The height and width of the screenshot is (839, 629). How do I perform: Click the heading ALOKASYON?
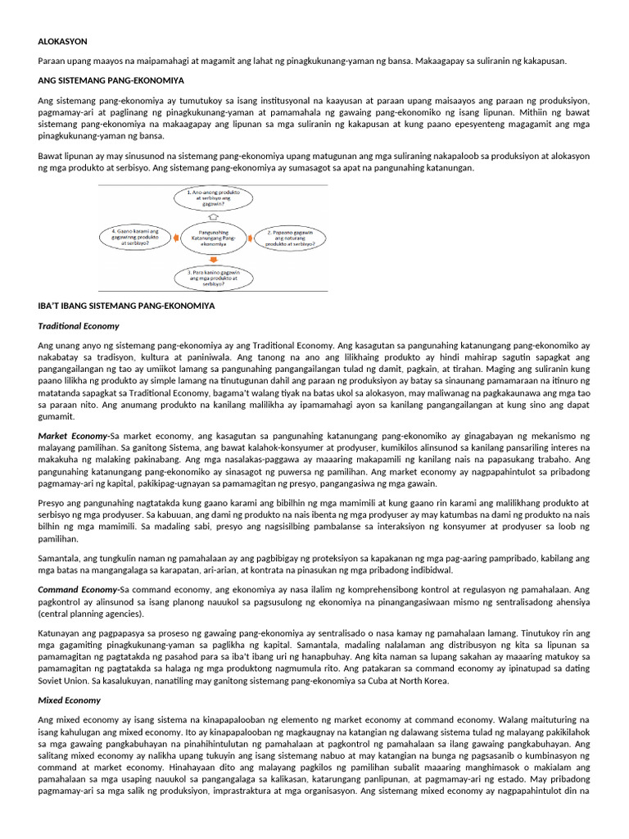62,41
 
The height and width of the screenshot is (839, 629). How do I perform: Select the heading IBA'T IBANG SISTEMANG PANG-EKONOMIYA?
126,306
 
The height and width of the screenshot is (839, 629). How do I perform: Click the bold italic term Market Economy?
72,435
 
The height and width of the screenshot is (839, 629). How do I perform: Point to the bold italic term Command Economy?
78,589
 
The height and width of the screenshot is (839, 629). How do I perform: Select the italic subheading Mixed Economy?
69,700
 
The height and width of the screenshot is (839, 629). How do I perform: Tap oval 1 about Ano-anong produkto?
211,197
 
